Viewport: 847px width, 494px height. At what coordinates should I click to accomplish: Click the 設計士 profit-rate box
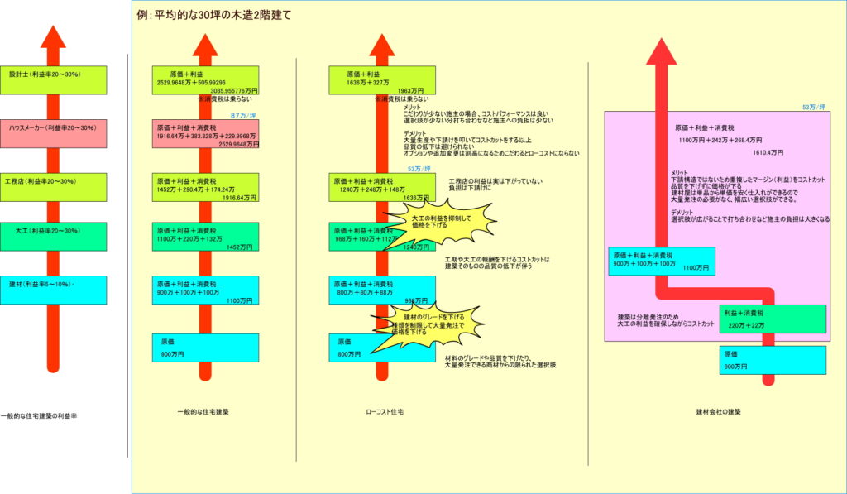pos(53,79)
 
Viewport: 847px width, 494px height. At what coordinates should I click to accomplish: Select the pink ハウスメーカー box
pos(53,133)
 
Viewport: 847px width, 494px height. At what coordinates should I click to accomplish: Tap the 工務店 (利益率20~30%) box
pos(53,186)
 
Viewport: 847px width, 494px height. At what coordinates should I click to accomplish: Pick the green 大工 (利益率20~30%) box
pos(53,237)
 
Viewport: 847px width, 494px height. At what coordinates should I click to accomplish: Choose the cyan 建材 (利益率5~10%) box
pos(53,290)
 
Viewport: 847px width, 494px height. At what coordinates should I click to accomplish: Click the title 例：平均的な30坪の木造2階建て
pos(214,15)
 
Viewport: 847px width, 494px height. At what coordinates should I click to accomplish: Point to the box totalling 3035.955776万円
pos(206,80)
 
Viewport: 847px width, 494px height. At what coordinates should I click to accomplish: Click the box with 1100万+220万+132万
pos(206,237)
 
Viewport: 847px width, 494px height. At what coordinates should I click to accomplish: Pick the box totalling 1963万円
pos(381,80)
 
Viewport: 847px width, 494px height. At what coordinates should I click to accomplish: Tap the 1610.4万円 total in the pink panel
pos(763,153)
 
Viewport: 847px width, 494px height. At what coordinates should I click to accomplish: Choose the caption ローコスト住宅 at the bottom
pos(384,411)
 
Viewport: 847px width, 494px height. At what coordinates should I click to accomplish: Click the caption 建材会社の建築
pos(719,411)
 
